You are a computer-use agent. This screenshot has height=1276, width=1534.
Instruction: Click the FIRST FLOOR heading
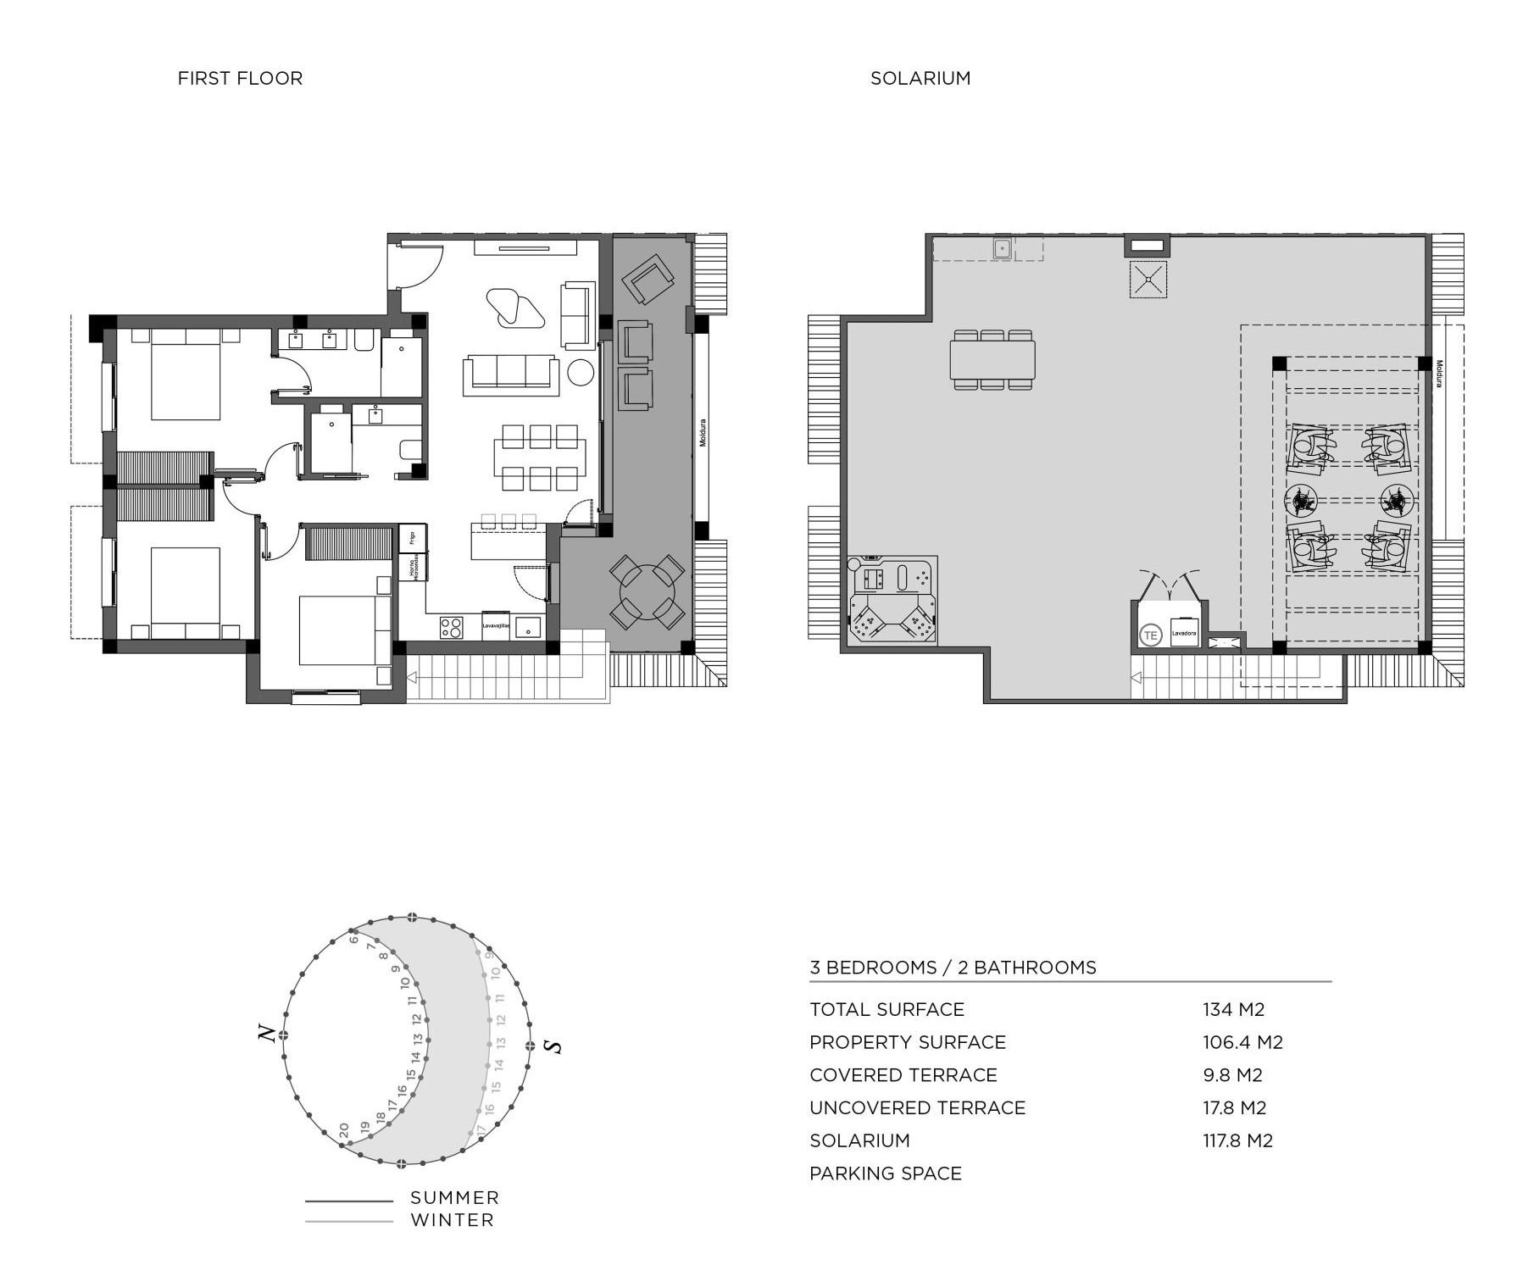[240, 78]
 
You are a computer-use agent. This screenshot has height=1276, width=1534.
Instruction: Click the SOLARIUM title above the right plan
[920, 78]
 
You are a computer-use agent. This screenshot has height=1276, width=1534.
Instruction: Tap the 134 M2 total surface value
[1233, 1009]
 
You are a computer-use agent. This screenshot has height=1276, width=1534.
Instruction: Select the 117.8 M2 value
[1237, 1140]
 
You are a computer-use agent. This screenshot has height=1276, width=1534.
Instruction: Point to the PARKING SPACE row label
[886, 1173]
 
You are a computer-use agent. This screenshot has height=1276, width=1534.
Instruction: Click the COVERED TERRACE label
[903, 1075]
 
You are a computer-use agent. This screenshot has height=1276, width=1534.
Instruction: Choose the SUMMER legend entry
[454, 1198]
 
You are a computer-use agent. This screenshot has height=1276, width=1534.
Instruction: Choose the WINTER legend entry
[452, 1220]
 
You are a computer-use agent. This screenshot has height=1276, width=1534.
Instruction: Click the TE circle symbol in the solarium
[1150, 635]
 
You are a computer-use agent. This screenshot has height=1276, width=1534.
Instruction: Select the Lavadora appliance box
[1184, 633]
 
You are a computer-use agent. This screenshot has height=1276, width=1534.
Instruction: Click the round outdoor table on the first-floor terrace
[647, 592]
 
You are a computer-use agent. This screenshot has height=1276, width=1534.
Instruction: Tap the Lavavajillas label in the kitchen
[496, 625]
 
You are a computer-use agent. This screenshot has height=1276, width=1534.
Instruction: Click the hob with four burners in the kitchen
[452, 627]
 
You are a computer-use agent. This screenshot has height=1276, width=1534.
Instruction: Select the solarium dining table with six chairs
[992, 360]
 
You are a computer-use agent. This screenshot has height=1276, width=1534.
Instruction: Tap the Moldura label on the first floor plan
[703, 433]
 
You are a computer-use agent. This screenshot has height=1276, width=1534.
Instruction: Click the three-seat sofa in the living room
[511, 374]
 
